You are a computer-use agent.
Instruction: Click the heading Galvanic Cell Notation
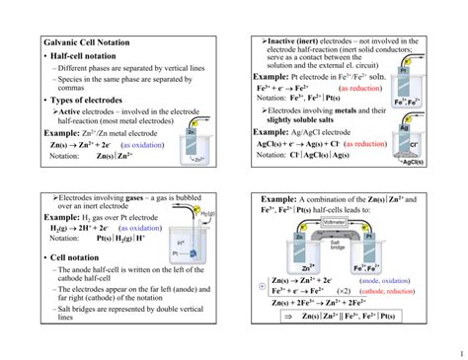coord(90,44)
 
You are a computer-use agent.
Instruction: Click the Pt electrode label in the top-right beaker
coord(404,71)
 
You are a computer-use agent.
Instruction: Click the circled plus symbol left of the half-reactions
coord(260,286)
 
